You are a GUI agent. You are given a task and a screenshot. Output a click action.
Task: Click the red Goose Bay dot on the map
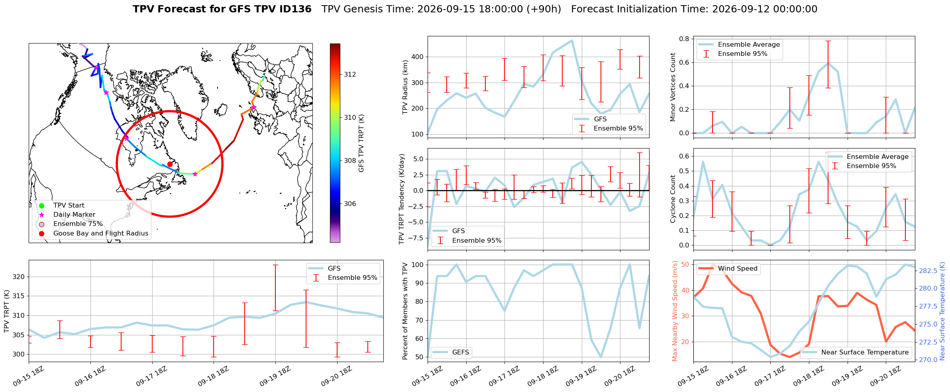click(x=170, y=164)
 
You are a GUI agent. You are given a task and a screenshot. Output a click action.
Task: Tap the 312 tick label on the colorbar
click(x=350, y=75)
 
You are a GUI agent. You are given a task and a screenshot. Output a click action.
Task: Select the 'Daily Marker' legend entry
click(x=68, y=215)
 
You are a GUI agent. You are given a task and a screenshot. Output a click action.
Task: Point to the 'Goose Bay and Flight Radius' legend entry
click(x=94, y=234)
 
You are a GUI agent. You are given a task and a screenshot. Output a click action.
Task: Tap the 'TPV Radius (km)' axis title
click(x=405, y=87)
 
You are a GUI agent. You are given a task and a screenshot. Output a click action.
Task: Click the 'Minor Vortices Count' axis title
click(x=673, y=87)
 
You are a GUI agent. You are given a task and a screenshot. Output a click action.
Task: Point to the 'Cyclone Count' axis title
click(x=673, y=199)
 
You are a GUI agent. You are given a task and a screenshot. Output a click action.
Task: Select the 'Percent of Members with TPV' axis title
click(x=405, y=311)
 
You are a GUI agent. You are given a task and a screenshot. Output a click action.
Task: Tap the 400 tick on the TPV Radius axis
click(x=417, y=57)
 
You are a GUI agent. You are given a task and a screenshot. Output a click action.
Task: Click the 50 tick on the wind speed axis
click(x=685, y=265)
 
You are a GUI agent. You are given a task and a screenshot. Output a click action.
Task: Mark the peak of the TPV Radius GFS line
click(x=572, y=40)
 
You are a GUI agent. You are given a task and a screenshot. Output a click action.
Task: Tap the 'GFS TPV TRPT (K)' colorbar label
click(x=361, y=143)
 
